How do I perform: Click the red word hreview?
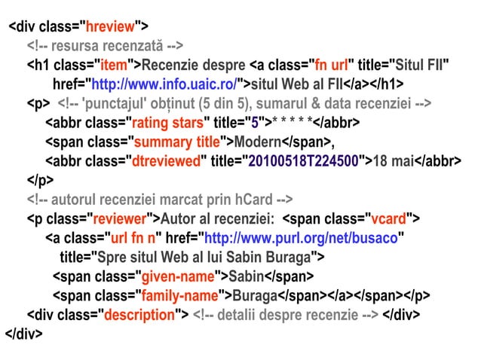(x=111, y=28)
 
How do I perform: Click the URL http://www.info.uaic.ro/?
(x=163, y=84)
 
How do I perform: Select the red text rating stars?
(x=168, y=123)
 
